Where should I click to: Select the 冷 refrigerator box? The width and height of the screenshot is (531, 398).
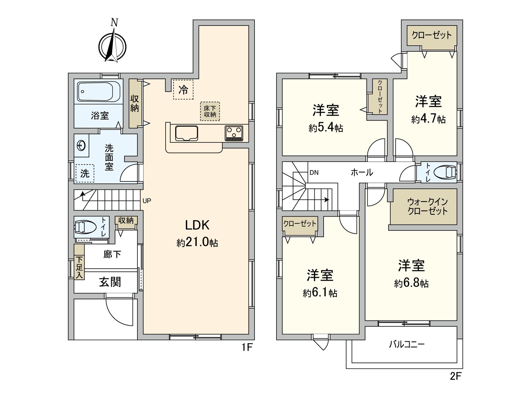(x=183, y=90)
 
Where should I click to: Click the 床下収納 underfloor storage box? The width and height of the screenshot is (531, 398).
(x=210, y=111)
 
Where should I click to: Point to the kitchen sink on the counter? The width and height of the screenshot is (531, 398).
(x=186, y=133)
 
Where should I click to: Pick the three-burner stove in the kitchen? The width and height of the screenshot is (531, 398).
(x=234, y=133)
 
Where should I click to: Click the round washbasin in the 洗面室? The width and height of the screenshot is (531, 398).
(x=82, y=145)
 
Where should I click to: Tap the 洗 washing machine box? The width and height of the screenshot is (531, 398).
(x=85, y=173)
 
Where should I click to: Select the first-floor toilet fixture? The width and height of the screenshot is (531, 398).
(x=85, y=227)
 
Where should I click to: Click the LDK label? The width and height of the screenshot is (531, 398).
(x=197, y=225)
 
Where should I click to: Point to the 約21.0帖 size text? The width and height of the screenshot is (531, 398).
(x=197, y=243)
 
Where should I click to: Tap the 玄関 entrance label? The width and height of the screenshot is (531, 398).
(x=110, y=282)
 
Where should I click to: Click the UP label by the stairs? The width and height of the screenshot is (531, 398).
(x=147, y=201)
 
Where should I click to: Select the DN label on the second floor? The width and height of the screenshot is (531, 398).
(x=314, y=172)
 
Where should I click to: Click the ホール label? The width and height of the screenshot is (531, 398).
(x=362, y=172)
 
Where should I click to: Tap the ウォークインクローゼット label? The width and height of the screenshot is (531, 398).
(x=427, y=206)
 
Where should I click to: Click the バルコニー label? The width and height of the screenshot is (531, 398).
(x=407, y=344)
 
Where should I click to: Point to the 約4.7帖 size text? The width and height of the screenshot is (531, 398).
(x=428, y=119)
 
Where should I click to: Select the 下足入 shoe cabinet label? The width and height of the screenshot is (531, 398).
(x=79, y=267)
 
